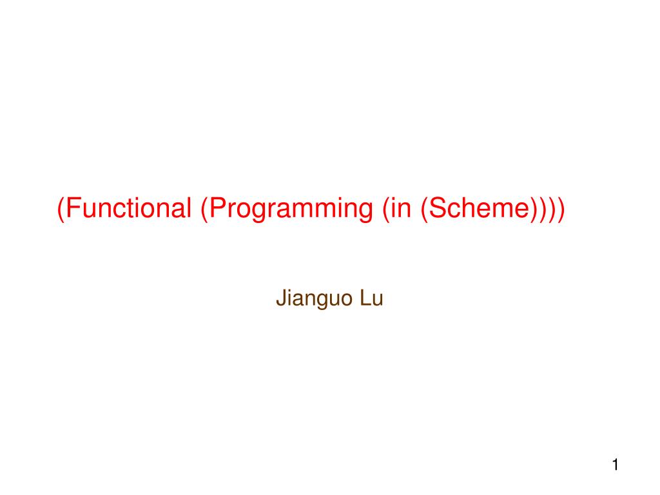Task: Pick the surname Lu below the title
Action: (372, 299)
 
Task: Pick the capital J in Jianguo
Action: (280, 299)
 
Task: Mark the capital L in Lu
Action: (365, 299)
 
